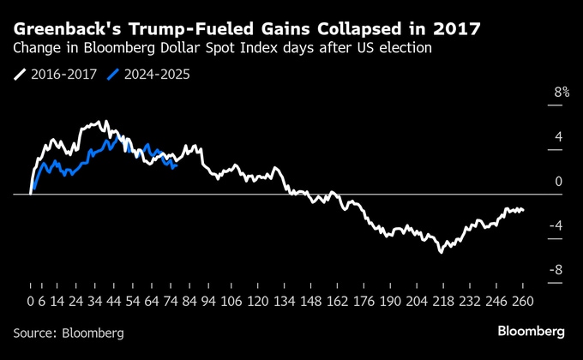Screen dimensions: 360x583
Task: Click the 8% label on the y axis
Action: click(x=562, y=93)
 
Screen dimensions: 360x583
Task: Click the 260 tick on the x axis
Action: click(x=523, y=302)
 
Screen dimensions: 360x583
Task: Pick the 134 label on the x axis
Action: click(x=284, y=302)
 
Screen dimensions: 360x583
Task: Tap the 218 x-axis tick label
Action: click(x=443, y=302)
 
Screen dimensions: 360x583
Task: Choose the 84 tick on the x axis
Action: click(x=189, y=302)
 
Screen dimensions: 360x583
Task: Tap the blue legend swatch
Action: click(x=111, y=75)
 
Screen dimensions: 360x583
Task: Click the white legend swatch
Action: click(x=19, y=75)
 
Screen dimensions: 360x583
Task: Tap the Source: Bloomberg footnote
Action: click(x=69, y=332)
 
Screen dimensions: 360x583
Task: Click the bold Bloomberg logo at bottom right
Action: click(x=531, y=331)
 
